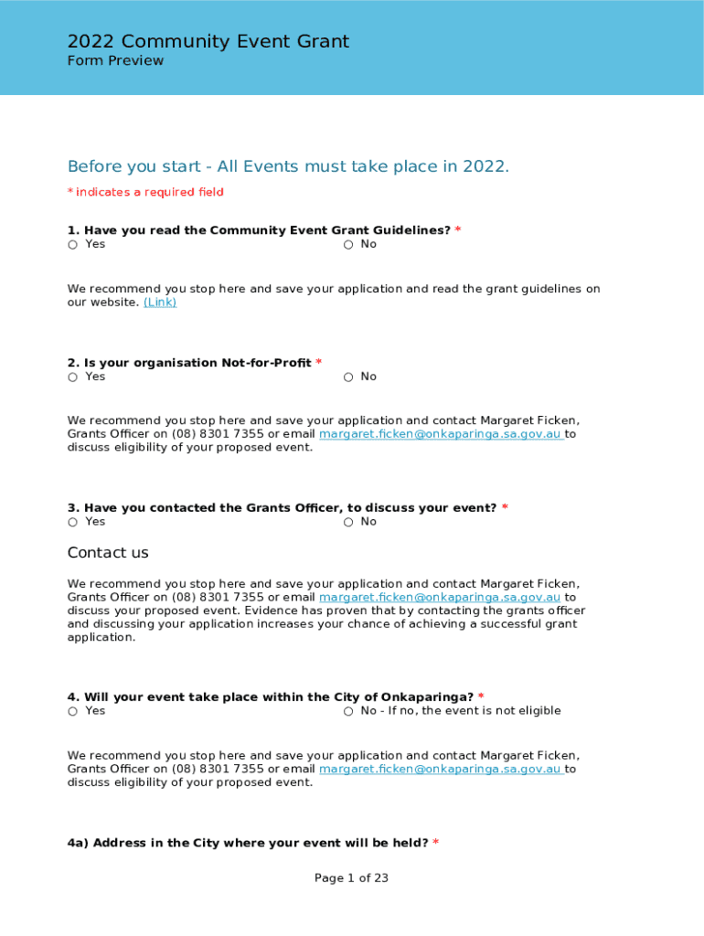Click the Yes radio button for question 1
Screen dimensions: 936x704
pos(72,245)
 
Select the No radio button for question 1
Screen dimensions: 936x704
pos(348,245)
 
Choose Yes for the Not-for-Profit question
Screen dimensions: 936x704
pos(72,378)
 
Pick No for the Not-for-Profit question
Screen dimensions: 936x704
pos(348,378)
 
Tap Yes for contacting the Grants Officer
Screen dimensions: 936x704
pos(72,522)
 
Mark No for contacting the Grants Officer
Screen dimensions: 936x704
pos(348,522)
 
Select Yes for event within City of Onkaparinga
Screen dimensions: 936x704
pos(72,711)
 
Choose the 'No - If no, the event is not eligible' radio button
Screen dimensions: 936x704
pos(348,711)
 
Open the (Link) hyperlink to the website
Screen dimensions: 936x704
pos(160,303)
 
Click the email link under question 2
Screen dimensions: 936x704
pos(440,434)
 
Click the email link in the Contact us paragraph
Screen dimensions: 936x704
pos(440,598)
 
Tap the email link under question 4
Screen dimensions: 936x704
pos(440,770)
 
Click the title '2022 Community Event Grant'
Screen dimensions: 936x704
pos(208,42)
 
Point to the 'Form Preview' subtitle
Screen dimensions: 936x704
pos(115,61)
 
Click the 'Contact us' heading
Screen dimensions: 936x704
pos(108,553)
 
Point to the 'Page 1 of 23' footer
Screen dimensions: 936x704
pos(352,878)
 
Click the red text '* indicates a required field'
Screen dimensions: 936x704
pos(145,192)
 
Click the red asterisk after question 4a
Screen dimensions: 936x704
pos(435,843)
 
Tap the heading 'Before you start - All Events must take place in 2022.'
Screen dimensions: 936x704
pos(288,166)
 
